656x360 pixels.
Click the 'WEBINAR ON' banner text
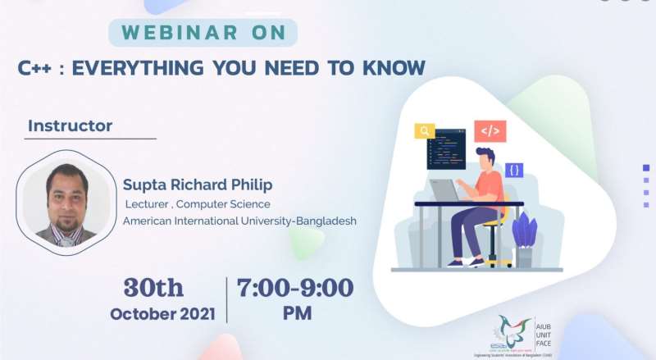(x=203, y=34)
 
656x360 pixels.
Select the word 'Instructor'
(x=70, y=126)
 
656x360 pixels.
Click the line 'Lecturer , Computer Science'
(x=198, y=203)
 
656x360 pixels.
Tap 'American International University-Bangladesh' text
(x=239, y=221)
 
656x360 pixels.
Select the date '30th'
(x=153, y=288)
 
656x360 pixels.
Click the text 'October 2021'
(x=162, y=313)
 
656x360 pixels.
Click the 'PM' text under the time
(x=295, y=313)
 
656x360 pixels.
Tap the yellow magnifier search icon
(x=425, y=131)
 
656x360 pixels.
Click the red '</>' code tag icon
(x=490, y=130)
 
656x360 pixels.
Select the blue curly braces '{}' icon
(x=513, y=171)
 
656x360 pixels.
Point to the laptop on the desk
(x=447, y=191)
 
